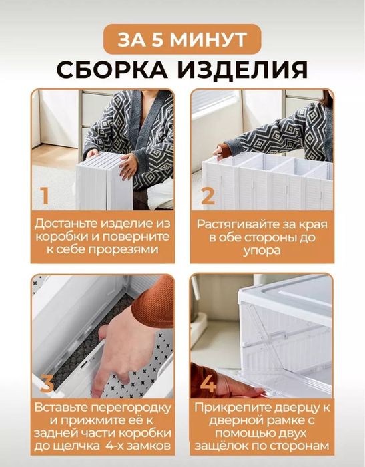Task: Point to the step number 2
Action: coord(208,196)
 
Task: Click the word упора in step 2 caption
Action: coord(262,249)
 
